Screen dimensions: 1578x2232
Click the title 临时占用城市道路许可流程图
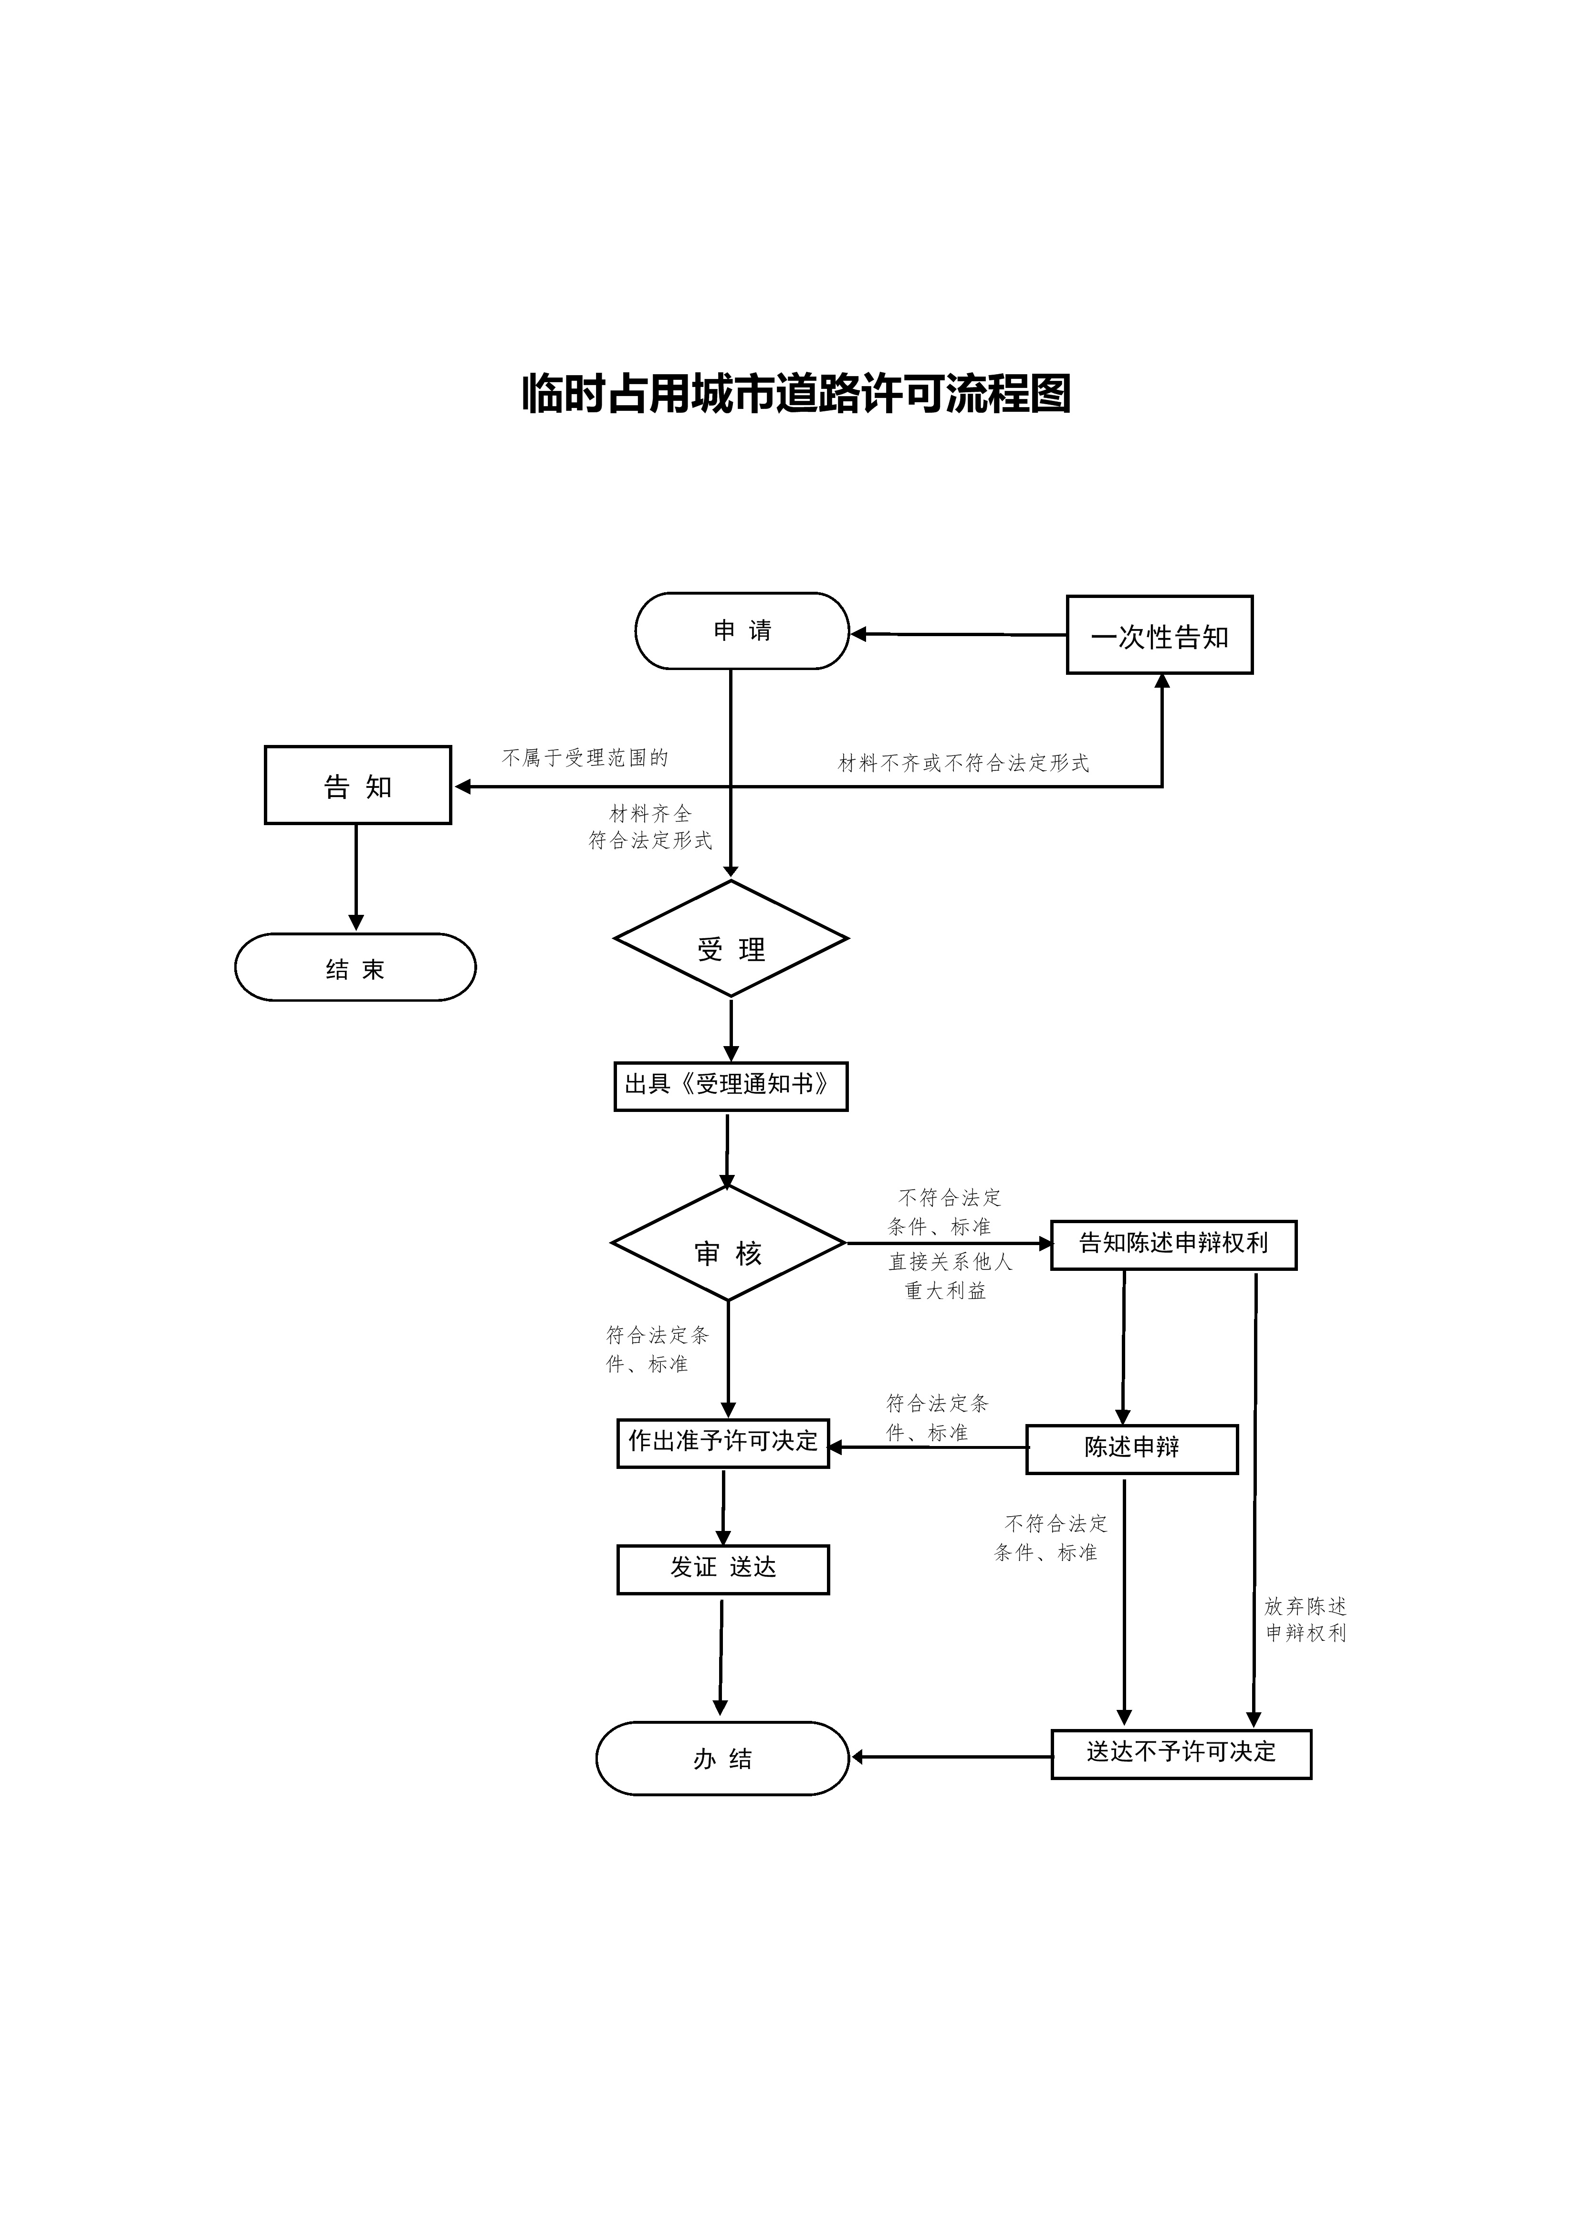(796, 394)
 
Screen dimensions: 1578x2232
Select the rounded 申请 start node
(742, 631)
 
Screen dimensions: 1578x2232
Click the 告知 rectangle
(358, 786)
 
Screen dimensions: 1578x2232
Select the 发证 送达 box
(723, 1570)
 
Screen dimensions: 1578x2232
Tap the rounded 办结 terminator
(722, 1759)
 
